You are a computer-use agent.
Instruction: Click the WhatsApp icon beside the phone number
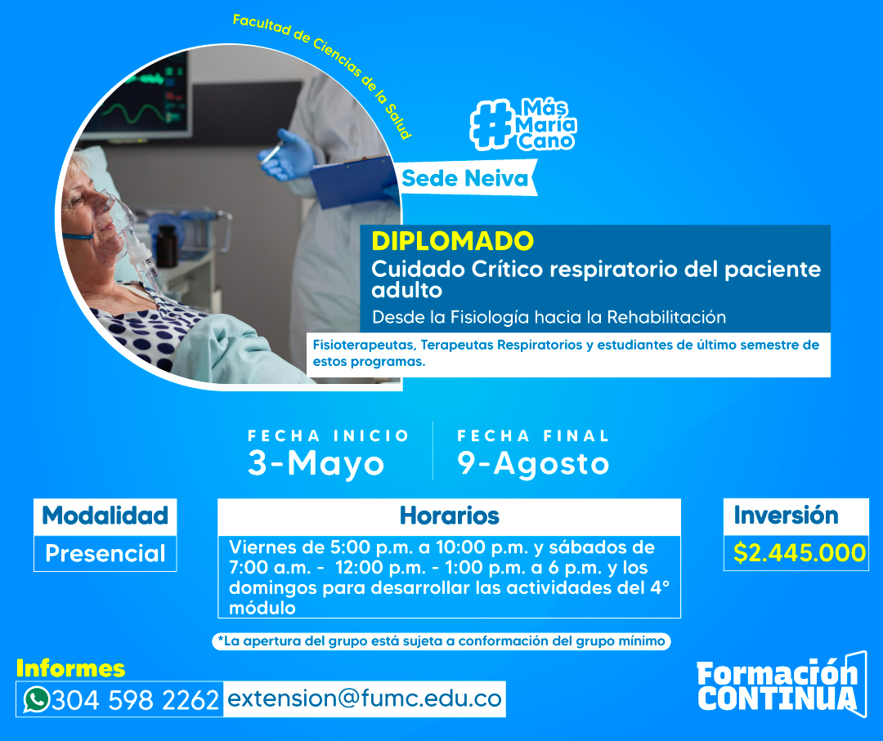pos(37,699)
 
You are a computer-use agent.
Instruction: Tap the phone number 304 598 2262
pos(135,700)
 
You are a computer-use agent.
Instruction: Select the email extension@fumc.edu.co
pos(365,699)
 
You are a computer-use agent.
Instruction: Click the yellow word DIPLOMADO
pos(452,241)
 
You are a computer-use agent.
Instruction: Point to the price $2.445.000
pos(800,552)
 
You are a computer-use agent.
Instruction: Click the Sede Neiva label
pos(465,178)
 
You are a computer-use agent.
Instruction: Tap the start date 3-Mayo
pos(316,463)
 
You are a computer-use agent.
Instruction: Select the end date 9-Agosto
pos(533,463)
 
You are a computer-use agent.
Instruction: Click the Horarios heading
pos(450,516)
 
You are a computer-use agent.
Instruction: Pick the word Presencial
pos(105,553)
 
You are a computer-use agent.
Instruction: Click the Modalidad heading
pos(105,516)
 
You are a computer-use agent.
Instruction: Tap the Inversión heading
pos(786,515)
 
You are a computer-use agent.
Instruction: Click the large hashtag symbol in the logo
pos(492,124)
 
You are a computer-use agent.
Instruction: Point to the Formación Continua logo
pos(781,684)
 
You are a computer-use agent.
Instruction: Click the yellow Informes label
pos(70,668)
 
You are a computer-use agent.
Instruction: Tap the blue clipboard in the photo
pos(354,180)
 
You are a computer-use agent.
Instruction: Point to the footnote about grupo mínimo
pos(441,641)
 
